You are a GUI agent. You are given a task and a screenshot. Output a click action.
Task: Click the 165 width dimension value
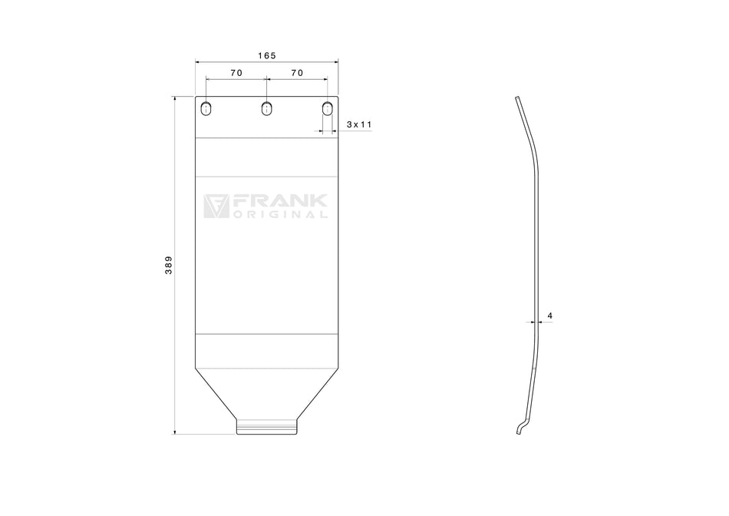[x=267, y=56]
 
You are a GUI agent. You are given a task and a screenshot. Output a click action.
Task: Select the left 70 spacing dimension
[x=236, y=73]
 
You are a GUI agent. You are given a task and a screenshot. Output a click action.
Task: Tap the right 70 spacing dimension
[x=297, y=73]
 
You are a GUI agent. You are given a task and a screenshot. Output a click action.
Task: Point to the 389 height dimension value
[x=168, y=265]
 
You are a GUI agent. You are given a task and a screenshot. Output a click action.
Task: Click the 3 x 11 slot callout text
[x=359, y=124]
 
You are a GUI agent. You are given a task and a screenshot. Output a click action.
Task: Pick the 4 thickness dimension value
[x=550, y=316]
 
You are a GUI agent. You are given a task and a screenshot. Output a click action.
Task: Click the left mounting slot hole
[x=206, y=108]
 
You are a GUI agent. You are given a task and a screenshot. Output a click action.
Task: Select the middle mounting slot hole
[x=266, y=108]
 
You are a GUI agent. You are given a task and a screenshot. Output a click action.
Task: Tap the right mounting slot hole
[x=328, y=108]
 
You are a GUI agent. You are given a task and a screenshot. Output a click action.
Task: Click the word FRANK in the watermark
[x=280, y=201]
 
